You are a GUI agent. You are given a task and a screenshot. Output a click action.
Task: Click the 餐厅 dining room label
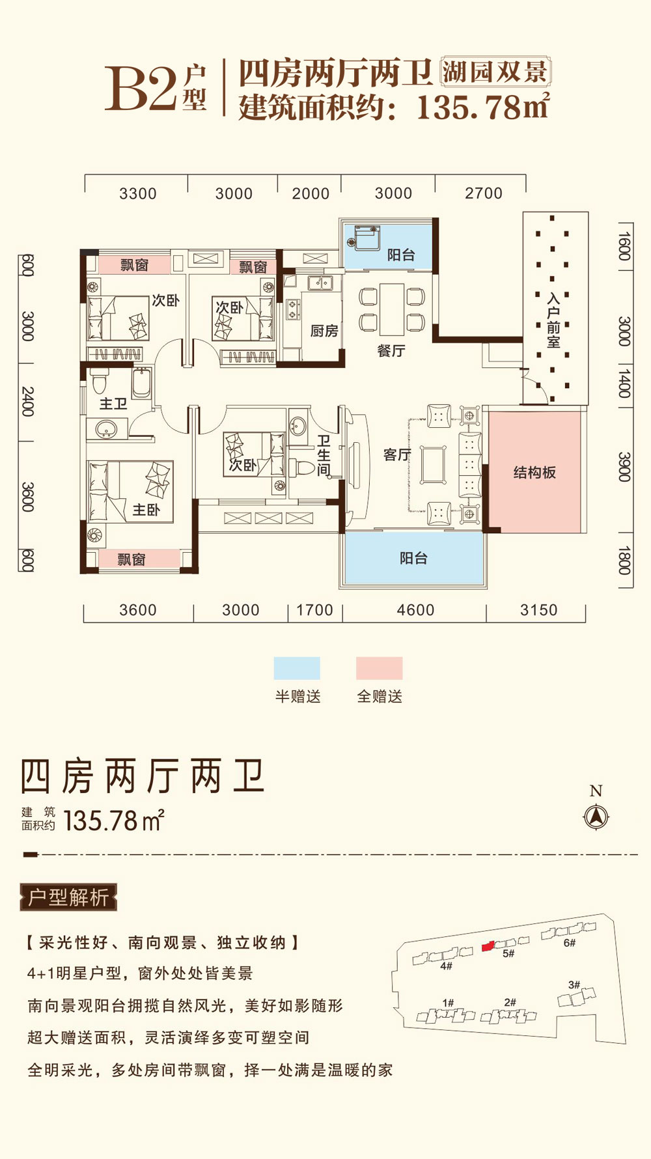391,351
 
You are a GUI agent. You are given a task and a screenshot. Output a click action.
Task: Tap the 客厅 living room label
396,454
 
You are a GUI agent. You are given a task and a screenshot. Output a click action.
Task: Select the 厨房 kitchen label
324,331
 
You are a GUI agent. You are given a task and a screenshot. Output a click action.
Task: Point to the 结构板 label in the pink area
534,473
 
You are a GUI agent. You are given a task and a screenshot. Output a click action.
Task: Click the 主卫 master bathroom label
113,404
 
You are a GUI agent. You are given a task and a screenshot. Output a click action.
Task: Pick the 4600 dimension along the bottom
415,610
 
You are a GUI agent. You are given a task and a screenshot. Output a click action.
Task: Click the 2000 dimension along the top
311,193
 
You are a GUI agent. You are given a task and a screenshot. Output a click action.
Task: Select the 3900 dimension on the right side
624,467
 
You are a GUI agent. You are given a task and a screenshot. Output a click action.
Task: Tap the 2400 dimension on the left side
27,402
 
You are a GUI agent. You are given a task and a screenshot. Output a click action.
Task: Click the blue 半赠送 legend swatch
297,668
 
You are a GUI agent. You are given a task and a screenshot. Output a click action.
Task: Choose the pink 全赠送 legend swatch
379,668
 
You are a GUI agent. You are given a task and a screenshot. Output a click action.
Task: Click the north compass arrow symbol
596,816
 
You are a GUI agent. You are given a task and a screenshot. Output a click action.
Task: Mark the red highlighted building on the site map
488,946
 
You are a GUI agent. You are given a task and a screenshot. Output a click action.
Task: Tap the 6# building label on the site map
570,942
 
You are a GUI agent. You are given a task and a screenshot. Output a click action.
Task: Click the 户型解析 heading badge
68,897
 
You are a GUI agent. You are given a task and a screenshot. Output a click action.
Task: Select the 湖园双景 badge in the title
495,72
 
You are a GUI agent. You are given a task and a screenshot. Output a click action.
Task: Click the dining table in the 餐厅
392,309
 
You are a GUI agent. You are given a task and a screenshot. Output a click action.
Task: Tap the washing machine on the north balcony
365,237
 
